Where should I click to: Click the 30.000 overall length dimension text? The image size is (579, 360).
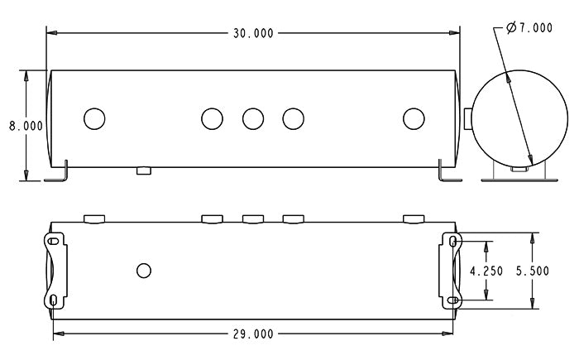click(252, 33)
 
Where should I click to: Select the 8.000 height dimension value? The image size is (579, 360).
click(25, 126)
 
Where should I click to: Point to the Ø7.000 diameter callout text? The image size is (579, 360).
click(529, 28)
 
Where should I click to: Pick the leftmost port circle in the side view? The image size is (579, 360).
click(94, 119)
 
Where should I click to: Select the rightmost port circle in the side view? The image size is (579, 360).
click(414, 119)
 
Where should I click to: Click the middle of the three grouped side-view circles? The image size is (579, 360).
click(253, 119)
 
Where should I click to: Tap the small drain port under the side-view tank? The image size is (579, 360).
click(144, 170)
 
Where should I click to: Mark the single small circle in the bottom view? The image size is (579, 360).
click(144, 271)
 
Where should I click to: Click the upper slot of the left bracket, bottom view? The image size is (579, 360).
click(54, 241)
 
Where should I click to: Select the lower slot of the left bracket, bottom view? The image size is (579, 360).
click(54, 300)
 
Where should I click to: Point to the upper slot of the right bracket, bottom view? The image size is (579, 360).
click(453, 241)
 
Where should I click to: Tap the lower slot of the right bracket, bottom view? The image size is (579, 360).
click(453, 300)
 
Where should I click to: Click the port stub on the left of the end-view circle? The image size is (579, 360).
click(468, 119)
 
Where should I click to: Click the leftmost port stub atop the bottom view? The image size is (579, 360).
click(94, 218)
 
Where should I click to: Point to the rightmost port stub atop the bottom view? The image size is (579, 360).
click(414, 218)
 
